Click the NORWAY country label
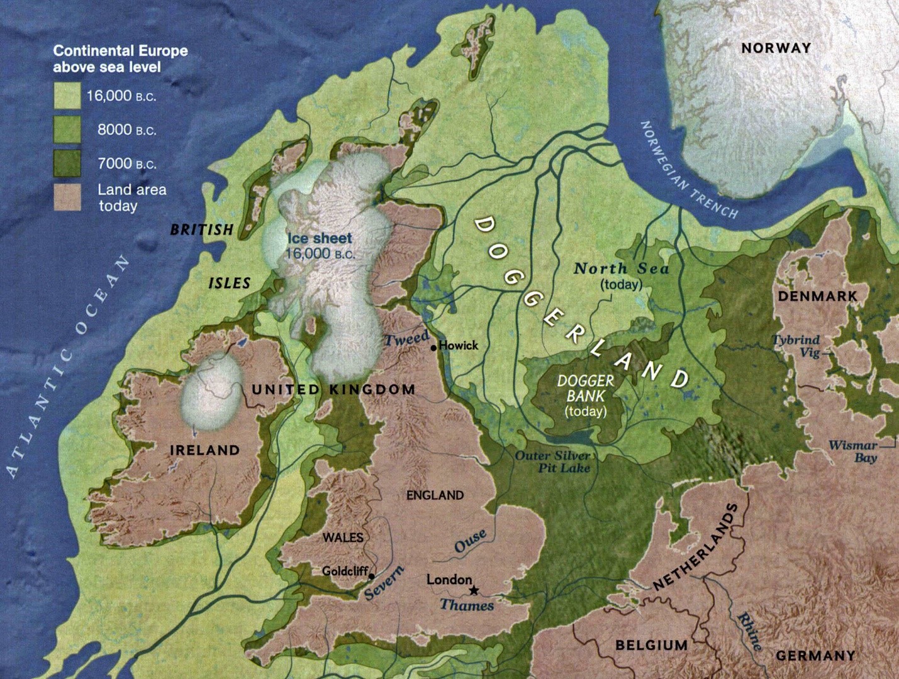(776, 48)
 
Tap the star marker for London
(474, 590)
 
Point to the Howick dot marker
(433, 348)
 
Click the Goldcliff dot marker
(372, 576)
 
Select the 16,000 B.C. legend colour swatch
(67, 96)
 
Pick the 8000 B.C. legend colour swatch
(67, 130)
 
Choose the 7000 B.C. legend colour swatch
(67, 163)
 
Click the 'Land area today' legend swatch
(67, 197)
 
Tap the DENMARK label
(817, 296)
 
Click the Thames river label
(466, 605)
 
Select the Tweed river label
(406, 339)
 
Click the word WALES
(343, 538)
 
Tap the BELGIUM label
(651, 645)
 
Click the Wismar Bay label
(854, 451)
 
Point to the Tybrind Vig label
(797, 346)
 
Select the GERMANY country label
(815, 656)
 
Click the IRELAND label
(205, 450)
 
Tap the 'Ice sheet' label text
(320, 238)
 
